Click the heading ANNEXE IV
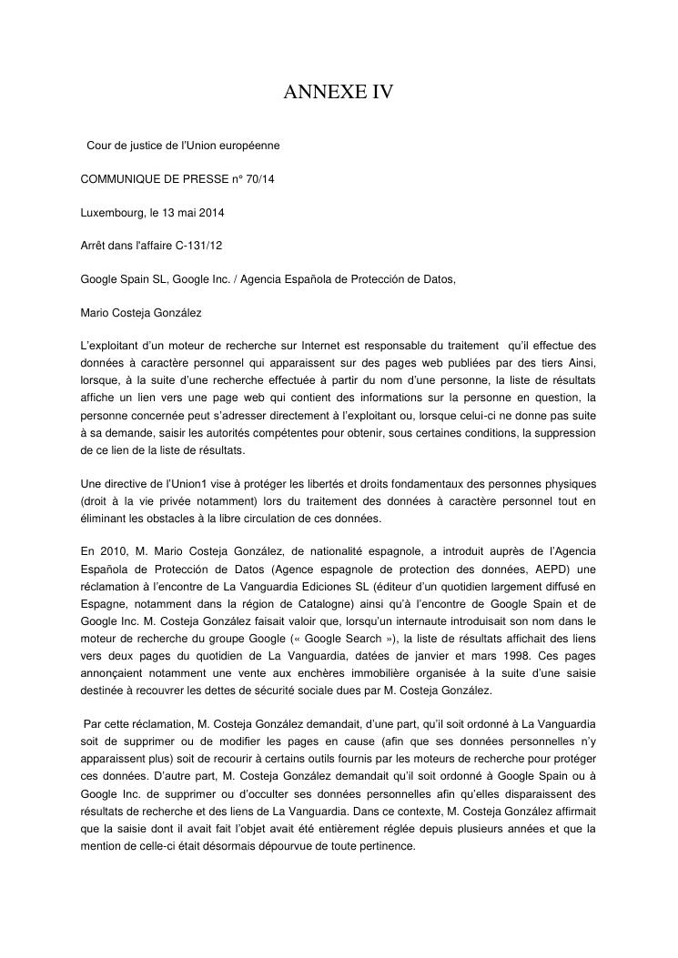pyautogui.click(x=339, y=92)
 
